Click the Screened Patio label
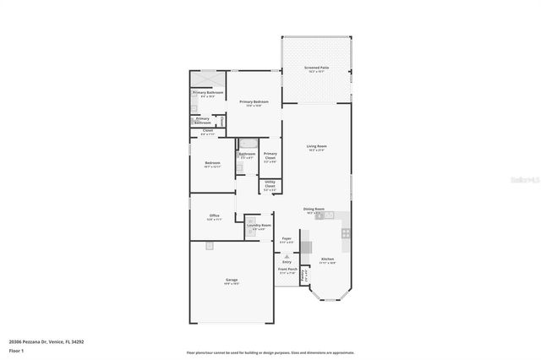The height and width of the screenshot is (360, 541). coord(317,68)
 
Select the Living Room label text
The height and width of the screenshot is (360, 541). coord(316,147)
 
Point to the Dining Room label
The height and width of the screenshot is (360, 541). coord(315,211)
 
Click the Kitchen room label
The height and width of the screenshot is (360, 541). coord(327,260)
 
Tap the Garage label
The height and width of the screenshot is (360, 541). coord(231,281)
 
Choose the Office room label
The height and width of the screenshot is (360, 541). coord(215,216)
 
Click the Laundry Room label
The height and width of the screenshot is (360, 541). coord(259,226)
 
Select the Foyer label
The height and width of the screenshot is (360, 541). coord(287,240)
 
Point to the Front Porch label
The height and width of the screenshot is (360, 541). coord(287,271)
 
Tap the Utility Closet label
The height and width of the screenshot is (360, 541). coord(270,188)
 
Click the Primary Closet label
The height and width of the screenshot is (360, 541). coord(270,156)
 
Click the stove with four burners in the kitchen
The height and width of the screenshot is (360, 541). coord(346,232)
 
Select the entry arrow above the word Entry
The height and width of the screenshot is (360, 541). coord(287,255)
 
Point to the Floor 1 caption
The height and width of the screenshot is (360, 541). coord(16,350)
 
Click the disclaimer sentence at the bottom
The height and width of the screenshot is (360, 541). coord(270,352)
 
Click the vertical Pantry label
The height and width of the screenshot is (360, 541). coord(305,275)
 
